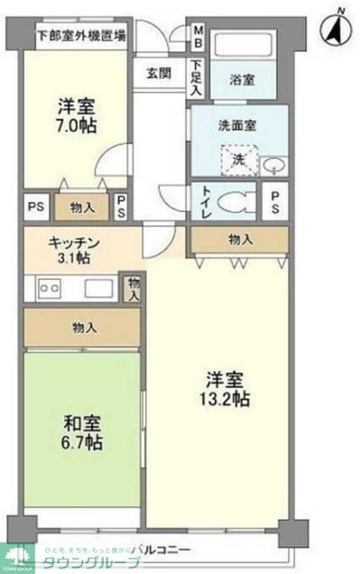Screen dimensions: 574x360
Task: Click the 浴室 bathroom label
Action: click(x=242, y=79)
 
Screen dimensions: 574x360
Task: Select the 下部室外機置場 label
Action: click(x=81, y=38)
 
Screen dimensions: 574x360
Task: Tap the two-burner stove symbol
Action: click(x=49, y=290)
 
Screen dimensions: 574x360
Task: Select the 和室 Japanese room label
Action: click(x=82, y=422)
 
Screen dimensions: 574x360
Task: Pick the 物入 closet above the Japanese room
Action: click(x=82, y=327)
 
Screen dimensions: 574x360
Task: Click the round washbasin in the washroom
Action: click(x=276, y=163)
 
